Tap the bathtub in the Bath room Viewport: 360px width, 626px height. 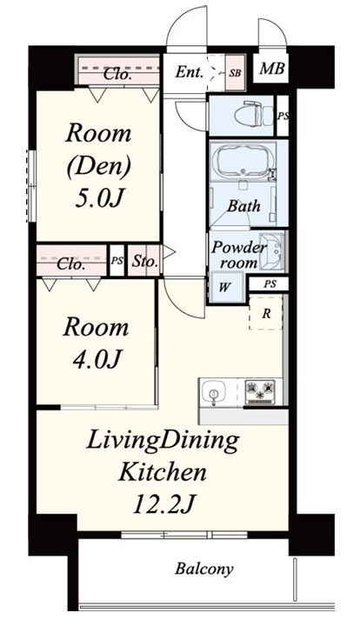[243, 160]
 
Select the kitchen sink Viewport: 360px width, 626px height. [214, 392]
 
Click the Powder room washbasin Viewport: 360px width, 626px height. [271, 250]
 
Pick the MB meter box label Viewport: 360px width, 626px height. [272, 69]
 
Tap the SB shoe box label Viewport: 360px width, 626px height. [235, 73]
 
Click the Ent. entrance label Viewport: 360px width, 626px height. [190, 72]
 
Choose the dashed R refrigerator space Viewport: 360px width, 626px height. [266, 313]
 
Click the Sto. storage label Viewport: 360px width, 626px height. [144, 262]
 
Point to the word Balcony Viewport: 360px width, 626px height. [203, 569]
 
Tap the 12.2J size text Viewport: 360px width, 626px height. [163, 505]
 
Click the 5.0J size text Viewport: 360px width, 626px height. [98, 197]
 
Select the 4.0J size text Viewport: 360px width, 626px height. [96, 360]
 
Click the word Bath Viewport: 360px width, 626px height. [243, 206]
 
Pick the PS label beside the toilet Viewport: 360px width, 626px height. [283, 117]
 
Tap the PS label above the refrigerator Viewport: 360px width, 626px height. [270, 284]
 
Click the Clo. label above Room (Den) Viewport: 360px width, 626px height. [117, 74]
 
